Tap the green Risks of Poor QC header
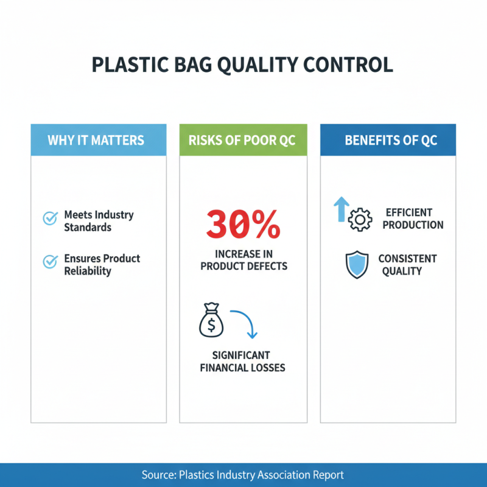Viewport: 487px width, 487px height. pos(242,140)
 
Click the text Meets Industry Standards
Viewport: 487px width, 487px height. pos(98,221)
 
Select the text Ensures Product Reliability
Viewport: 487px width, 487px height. pos(102,264)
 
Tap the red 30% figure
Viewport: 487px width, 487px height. pos(243,225)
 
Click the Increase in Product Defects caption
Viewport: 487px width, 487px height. pos(243,260)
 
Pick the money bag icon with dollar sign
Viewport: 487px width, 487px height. pos(211,321)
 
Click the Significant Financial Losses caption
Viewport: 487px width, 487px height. pos(242,362)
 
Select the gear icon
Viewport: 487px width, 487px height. pos(359,220)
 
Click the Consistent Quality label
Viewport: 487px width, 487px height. pos(407,264)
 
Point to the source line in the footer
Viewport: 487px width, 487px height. pos(243,475)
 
